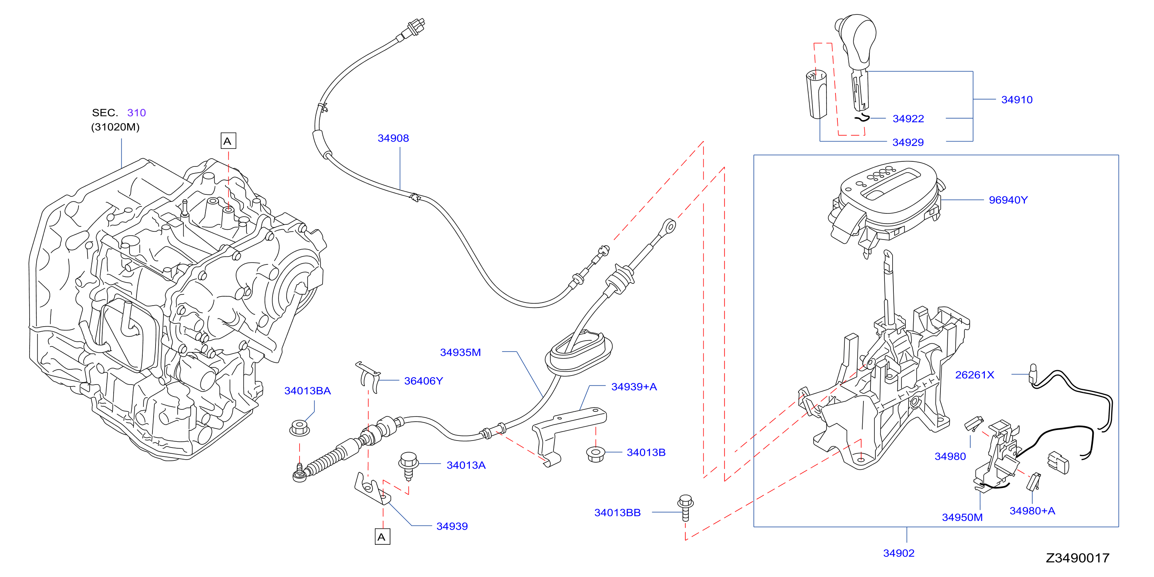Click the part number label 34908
point(393,138)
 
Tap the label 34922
point(908,119)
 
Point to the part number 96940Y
point(1008,200)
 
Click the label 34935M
point(460,352)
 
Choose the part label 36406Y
point(423,381)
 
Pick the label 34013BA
point(307,391)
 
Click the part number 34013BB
point(617,512)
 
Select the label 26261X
point(974,375)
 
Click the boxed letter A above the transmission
point(228,141)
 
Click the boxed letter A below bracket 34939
point(382,537)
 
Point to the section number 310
point(136,112)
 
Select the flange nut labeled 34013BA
point(299,427)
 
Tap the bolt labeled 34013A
point(408,465)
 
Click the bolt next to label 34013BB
point(685,507)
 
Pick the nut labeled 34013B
point(595,454)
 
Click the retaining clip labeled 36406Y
point(368,376)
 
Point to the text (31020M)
point(115,127)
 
